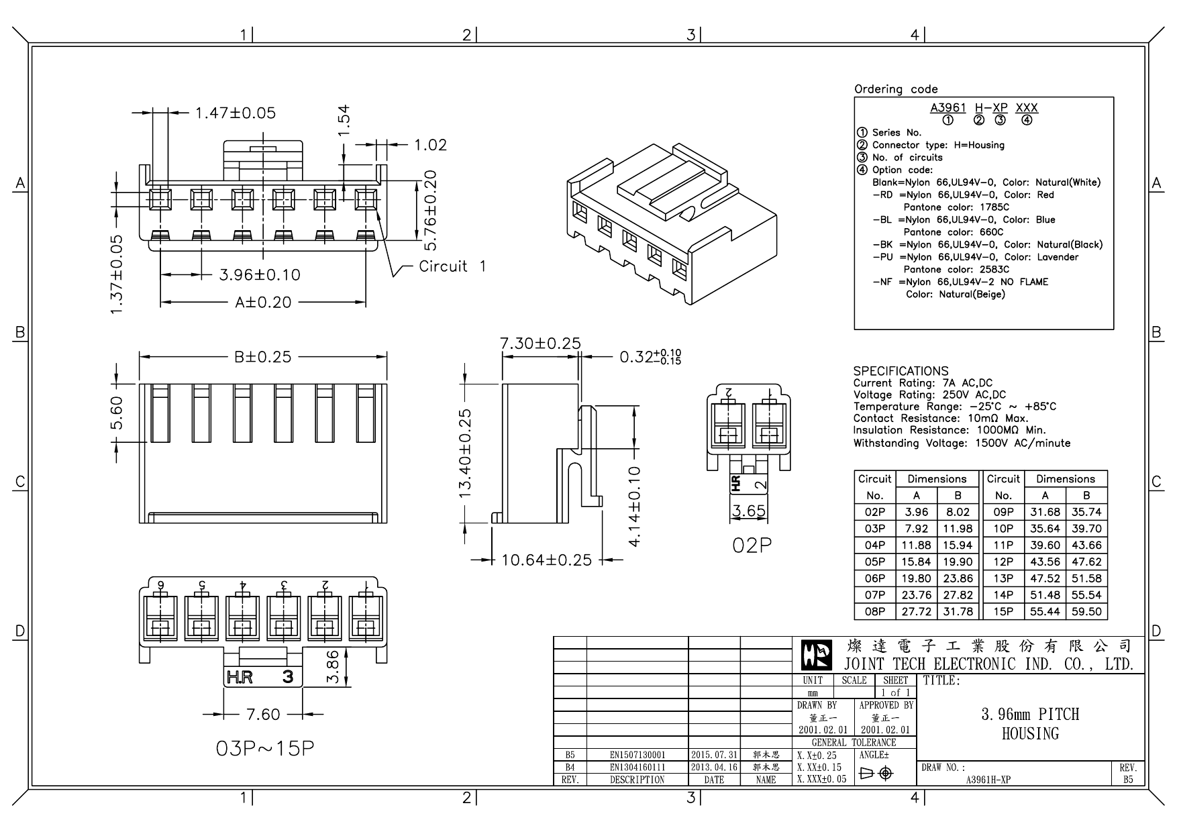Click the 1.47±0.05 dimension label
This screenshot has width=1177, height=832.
(235, 113)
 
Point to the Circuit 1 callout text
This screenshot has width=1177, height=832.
(452, 266)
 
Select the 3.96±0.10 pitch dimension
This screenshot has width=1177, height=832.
(260, 274)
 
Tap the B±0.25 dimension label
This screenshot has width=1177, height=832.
(262, 357)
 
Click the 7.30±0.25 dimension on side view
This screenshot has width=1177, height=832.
(540, 344)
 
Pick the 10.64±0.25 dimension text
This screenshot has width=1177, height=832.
(546, 560)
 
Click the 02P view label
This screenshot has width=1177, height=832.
(752, 545)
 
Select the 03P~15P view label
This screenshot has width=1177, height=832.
(264, 749)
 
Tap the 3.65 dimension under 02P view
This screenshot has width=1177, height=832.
(748, 511)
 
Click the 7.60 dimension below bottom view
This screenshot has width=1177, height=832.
(262, 715)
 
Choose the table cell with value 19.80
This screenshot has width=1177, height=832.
(916, 578)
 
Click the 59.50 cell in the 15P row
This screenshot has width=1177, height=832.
(1086, 611)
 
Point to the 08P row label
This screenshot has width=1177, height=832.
(874, 611)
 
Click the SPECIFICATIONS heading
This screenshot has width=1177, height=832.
(901, 371)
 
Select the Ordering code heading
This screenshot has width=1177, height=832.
(896, 89)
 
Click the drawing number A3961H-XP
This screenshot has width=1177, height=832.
(988, 780)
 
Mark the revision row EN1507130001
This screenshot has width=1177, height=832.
(637, 755)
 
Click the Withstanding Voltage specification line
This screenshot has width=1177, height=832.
(962, 443)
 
